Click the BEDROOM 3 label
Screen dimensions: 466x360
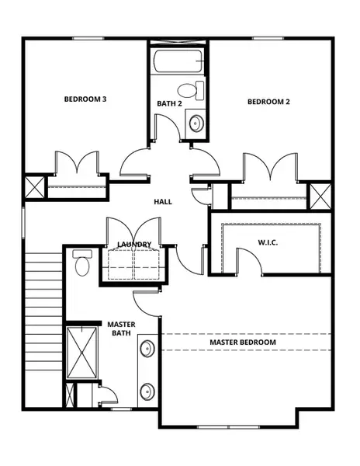[x=85, y=99]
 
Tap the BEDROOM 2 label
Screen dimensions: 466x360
[x=268, y=102]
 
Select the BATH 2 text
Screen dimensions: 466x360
[x=168, y=104]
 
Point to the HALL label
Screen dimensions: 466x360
[x=163, y=202]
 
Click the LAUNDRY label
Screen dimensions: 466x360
[x=134, y=245]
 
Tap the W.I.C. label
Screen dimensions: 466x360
[x=268, y=242]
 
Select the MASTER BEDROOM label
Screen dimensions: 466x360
[x=243, y=342]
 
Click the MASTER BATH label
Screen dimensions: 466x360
[x=121, y=329]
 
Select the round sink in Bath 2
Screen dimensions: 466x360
[x=196, y=123]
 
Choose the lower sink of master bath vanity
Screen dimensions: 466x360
[x=147, y=391]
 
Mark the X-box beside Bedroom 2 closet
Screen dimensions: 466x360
[x=320, y=194]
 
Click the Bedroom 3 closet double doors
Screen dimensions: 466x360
[x=75, y=164]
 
